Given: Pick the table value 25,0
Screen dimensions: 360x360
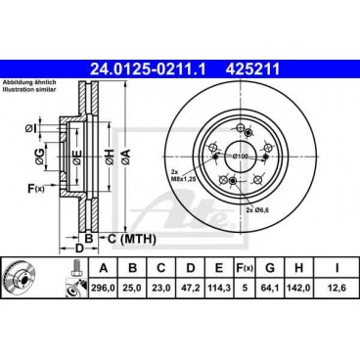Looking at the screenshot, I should [131, 288].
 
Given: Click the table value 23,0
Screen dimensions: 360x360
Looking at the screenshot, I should [160, 288].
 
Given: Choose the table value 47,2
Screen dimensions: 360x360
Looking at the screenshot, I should [190, 288].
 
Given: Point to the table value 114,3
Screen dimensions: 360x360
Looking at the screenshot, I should [219, 288].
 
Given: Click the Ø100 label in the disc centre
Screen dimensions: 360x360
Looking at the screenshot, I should [242, 157].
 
